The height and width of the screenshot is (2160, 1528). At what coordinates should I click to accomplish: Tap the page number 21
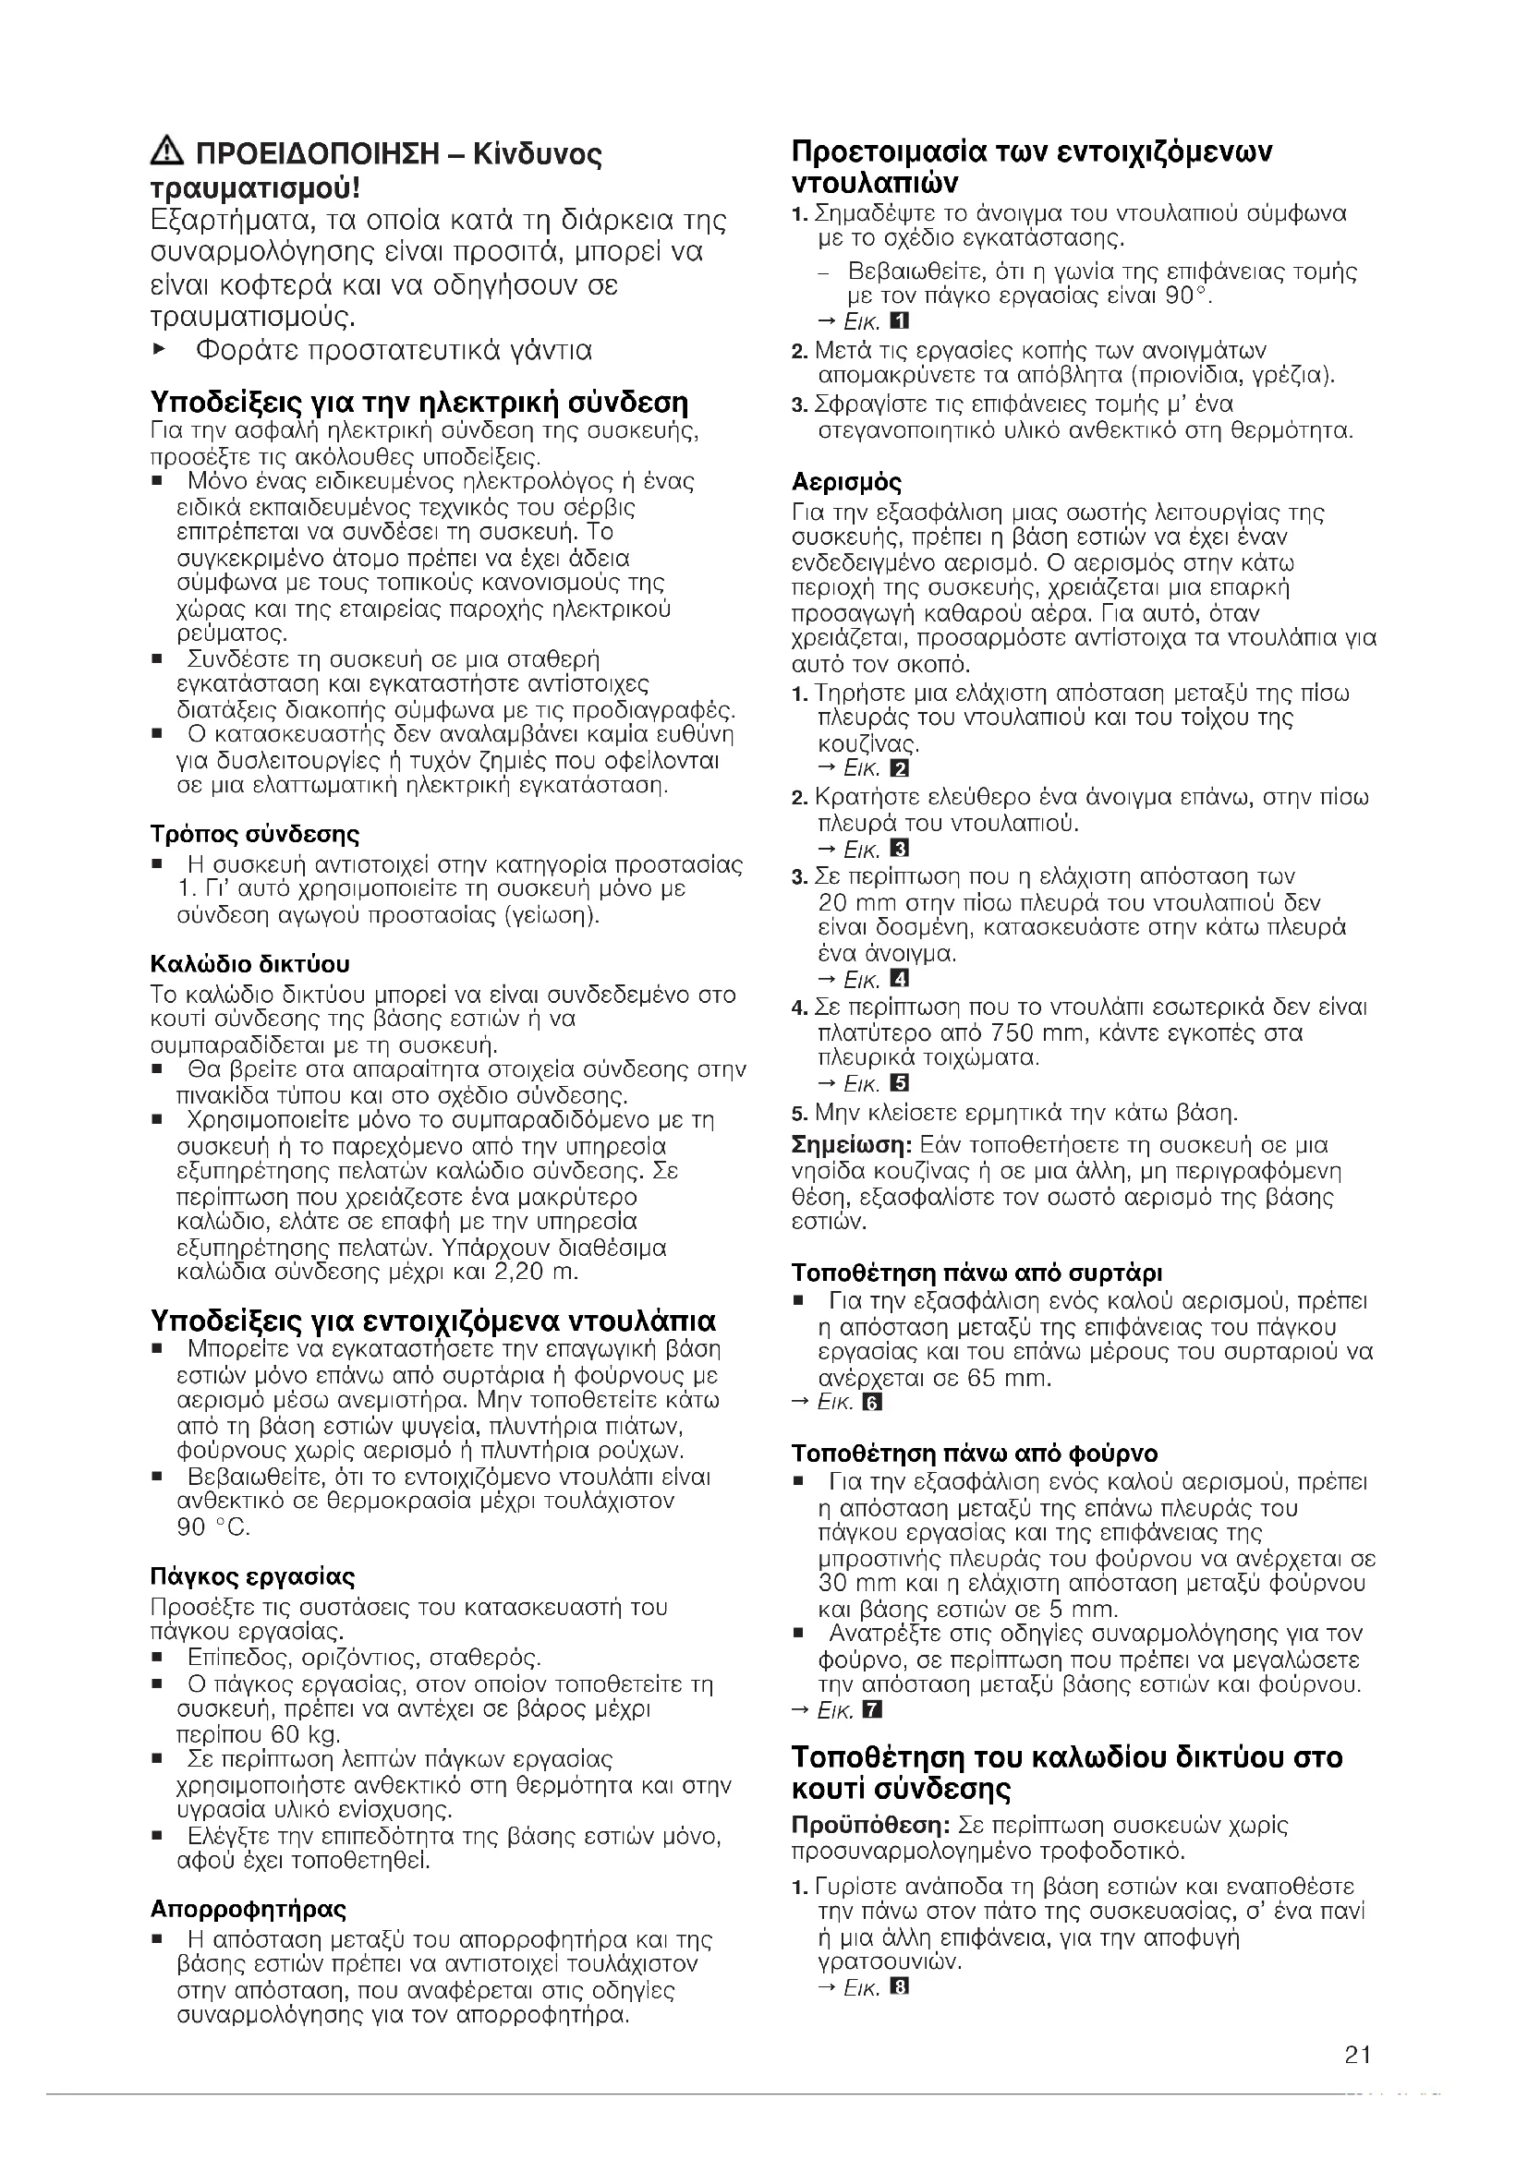[x=1357, y=2054]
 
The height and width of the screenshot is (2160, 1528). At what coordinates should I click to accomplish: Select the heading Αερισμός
[x=847, y=483]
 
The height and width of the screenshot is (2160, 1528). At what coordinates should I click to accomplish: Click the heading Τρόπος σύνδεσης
[x=255, y=835]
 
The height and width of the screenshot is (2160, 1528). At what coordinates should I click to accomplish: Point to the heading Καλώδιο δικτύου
[x=250, y=964]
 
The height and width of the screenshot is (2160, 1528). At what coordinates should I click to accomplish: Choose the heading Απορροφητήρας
[x=249, y=1909]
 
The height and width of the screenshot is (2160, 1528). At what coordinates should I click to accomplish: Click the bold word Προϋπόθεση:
[x=870, y=1826]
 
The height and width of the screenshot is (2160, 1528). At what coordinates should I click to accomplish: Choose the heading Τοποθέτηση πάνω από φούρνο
[x=975, y=1454]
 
